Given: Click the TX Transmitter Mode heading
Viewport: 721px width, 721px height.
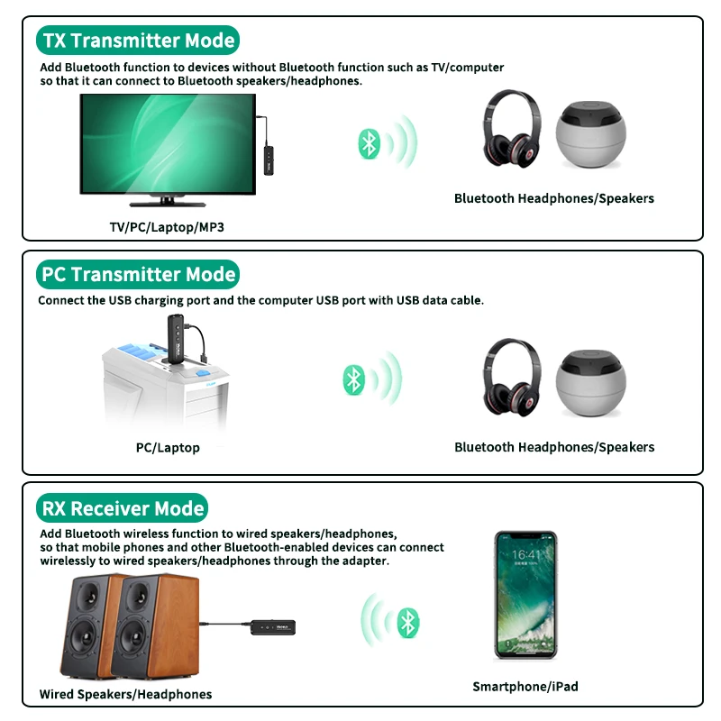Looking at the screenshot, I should [138, 41].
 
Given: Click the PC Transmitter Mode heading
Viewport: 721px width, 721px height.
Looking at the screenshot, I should [138, 274].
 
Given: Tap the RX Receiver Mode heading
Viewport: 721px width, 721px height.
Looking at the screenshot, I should [123, 508].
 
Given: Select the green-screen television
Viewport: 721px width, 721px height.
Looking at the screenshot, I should [168, 150].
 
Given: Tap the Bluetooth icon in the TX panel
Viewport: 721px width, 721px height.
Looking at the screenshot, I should [368, 142].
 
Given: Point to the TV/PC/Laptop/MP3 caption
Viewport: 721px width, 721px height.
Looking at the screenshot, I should [167, 227].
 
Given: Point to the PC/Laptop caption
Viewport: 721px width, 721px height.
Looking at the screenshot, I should [168, 448].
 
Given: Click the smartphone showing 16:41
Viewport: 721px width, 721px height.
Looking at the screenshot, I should [525, 595].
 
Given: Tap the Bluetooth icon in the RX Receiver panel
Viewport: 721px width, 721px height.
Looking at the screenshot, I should [409, 621].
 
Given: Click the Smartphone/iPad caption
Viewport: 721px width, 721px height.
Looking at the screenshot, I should [525, 687].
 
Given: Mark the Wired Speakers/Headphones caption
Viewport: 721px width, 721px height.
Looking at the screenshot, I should [125, 694].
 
